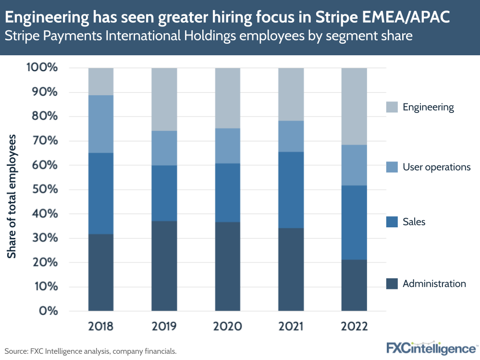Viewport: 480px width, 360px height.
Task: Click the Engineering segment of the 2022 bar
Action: [354, 106]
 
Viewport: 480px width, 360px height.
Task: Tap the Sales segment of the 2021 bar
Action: [291, 190]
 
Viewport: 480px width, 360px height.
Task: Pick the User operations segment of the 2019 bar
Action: [164, 148]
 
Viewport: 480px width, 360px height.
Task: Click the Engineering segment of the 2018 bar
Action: [101, 81]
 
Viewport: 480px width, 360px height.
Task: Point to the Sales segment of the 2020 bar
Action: [227, 193]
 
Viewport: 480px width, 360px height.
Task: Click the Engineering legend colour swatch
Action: [392, 107]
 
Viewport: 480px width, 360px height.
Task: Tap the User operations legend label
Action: [436, 167]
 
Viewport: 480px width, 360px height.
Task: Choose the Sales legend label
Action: [414, 222]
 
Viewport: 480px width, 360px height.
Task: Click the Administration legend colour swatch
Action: [392, 284]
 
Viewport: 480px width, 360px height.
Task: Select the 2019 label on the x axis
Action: [164, 326]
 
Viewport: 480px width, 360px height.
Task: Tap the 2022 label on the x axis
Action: [354, 326]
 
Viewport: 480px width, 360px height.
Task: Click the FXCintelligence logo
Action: [431, 348]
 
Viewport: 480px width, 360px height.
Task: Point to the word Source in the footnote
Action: [16, 351]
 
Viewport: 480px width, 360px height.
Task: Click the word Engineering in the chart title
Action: [49, 18]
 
